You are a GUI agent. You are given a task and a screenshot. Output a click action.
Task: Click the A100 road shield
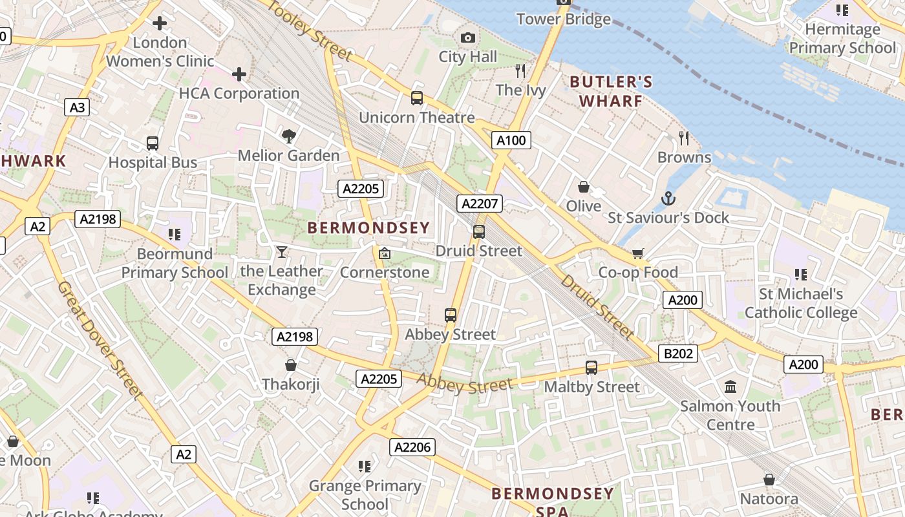coord(511,140)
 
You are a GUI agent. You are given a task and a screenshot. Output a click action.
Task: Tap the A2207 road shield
coord(479,204)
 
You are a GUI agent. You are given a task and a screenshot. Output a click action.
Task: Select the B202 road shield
coord(678,353)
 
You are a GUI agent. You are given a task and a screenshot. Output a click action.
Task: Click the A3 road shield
coord(77,107)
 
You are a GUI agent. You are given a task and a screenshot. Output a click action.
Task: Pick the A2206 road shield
coord(412,447)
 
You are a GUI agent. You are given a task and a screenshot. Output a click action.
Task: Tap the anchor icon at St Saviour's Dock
coord(668,198)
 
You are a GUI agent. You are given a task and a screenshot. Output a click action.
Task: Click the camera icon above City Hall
coord(468,38)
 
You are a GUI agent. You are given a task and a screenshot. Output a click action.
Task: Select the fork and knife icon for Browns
coord(684,138)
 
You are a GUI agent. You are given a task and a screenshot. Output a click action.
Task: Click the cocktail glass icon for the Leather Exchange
coord(281,251)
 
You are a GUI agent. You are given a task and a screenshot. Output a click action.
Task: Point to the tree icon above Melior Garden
coord(288,136)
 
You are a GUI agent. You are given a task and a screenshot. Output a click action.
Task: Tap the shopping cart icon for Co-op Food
coord(638,253)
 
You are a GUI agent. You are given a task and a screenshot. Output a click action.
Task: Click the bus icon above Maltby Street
coord(591,368)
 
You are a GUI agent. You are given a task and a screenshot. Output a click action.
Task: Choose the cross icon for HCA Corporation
coord(239,74)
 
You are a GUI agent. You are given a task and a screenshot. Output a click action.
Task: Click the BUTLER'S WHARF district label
coord(611,91)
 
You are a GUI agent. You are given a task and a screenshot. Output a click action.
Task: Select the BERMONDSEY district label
coord(368,227)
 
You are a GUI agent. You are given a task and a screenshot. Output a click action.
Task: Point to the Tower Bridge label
coord(563,19)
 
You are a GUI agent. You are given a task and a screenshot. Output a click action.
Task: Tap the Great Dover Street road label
coord(100,339)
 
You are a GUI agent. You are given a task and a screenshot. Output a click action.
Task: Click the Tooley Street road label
coord(310,28)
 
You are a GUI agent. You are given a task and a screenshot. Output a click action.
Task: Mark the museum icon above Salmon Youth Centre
coord(730,387)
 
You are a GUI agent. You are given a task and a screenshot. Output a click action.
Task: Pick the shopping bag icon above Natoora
coord(769,480)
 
